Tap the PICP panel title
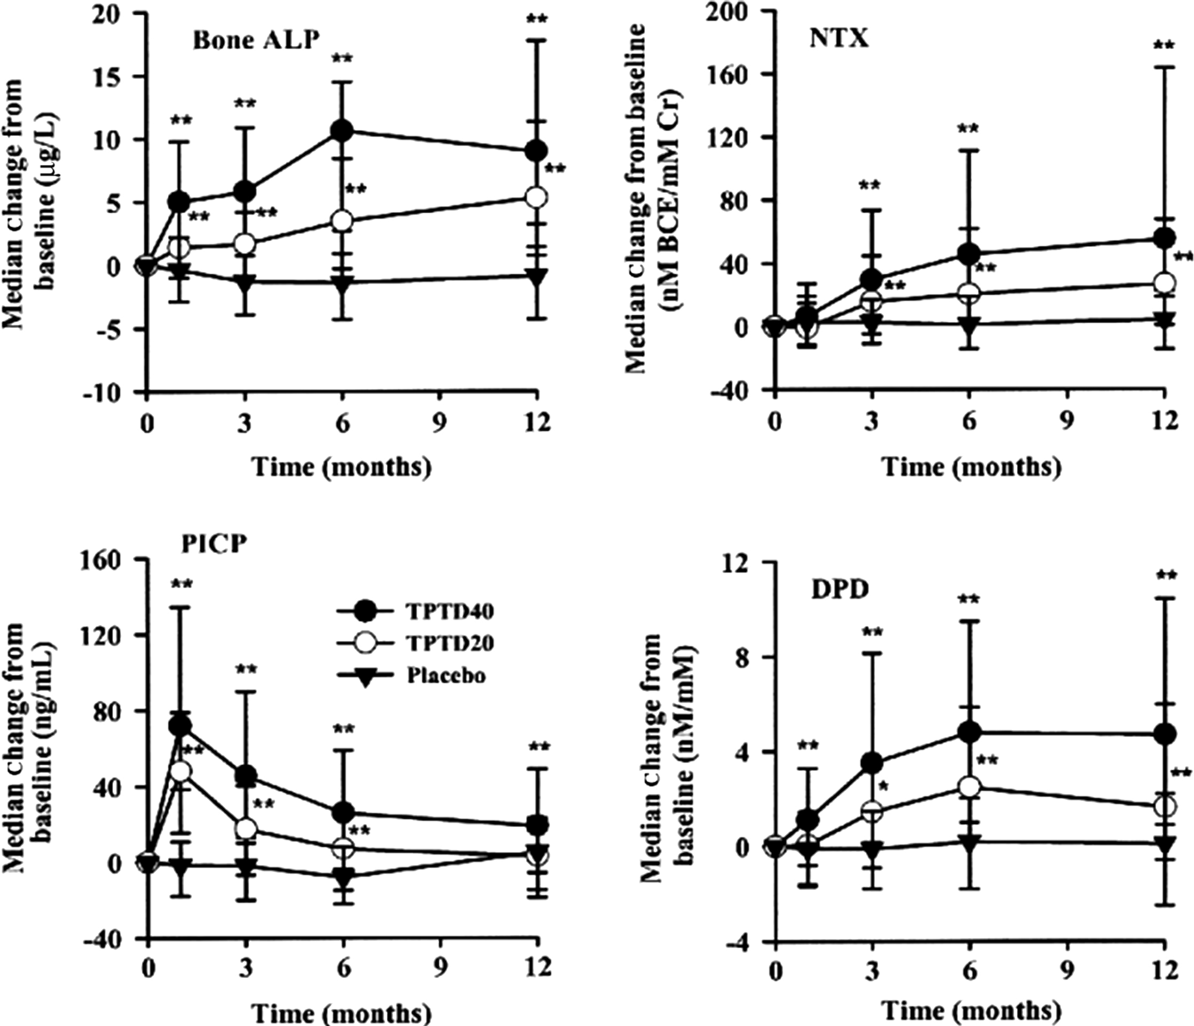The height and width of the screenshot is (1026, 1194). [211, 545]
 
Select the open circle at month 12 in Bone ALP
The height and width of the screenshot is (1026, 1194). [537, 197]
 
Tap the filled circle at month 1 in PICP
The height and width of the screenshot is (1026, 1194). [181, 726]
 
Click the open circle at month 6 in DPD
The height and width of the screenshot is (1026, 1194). [970, 787]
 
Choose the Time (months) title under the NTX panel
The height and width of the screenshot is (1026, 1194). [972, 467]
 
